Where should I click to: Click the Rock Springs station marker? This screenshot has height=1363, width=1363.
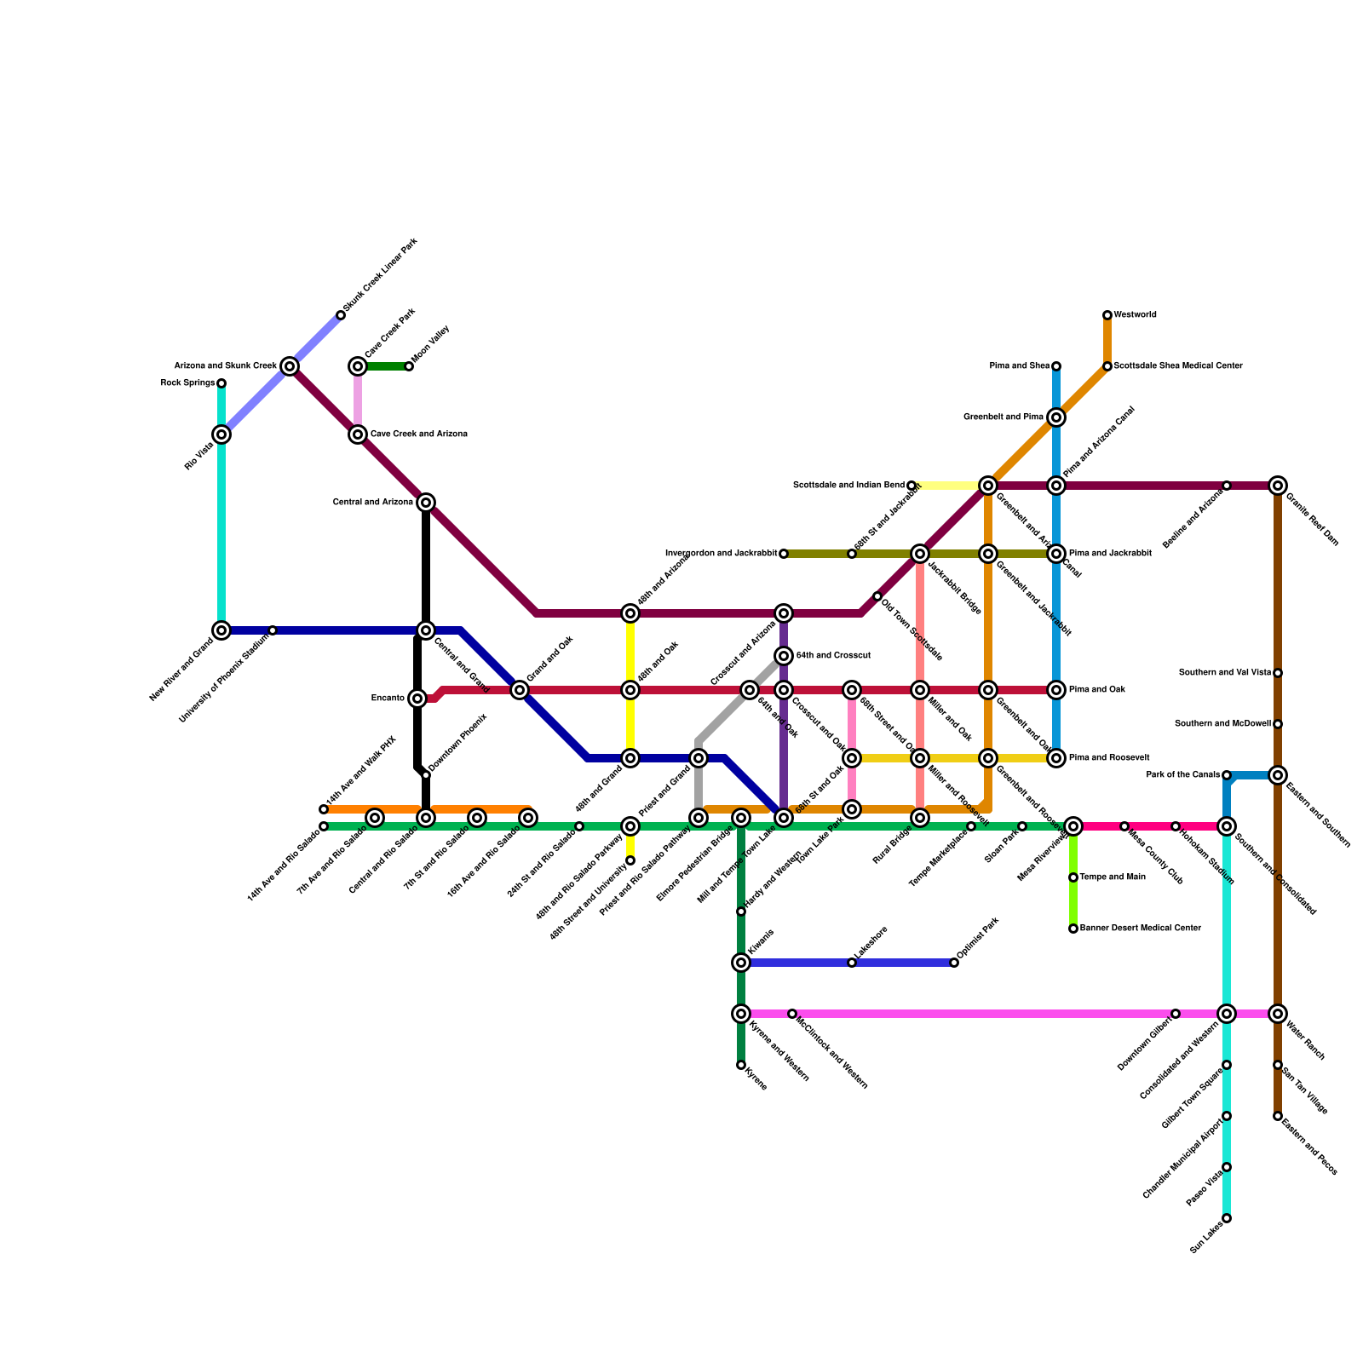221,383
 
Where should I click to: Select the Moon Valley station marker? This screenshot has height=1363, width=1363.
409,366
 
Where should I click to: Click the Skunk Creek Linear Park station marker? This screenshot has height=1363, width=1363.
341,315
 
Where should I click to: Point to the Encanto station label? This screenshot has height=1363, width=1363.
388,699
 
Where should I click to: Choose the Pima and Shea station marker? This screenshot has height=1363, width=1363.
1056,366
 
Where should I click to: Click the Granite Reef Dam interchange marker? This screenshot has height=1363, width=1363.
1278,486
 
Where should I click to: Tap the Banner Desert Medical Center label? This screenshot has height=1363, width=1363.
1141,929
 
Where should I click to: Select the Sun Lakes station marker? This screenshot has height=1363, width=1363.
1227,1218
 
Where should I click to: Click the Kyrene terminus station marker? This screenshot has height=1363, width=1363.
741,1065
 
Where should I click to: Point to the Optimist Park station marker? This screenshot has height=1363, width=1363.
954,963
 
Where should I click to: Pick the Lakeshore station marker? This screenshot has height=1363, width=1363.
852,963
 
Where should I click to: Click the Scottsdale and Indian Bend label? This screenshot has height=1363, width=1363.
848,486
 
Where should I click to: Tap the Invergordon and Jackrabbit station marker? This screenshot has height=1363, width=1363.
784,554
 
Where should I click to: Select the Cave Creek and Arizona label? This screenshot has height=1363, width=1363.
418,434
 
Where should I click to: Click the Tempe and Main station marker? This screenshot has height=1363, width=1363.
1073,877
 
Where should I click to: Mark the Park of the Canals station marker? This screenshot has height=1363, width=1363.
1227,775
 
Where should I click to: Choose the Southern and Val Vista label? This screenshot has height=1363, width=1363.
1225,673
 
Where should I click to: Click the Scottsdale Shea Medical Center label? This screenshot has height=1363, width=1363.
1178,366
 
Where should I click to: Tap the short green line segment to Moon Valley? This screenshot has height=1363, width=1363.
383,366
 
